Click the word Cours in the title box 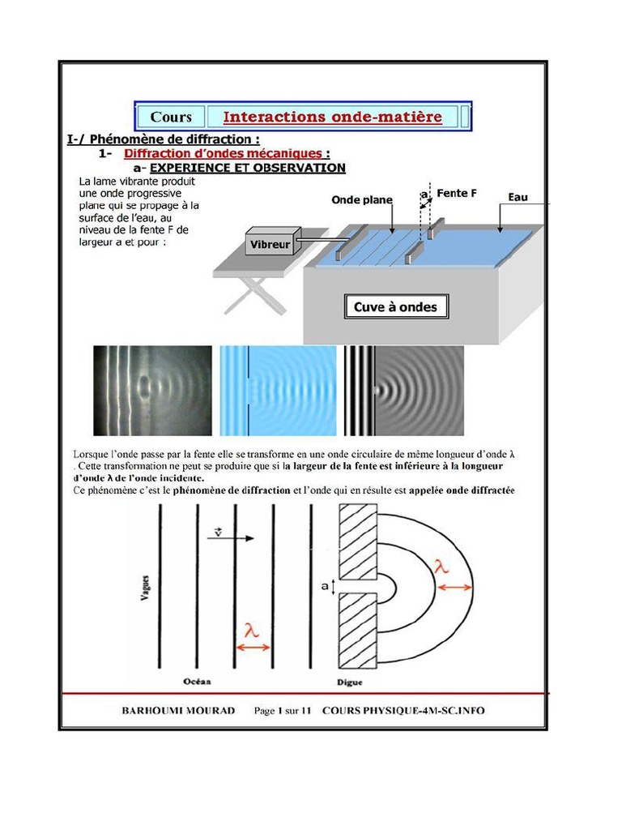[x=171, y=117]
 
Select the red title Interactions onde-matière [x=332, y=117]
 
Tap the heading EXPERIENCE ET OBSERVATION [x=248, y=168]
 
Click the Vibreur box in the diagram [x=271, y=242]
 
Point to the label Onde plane [x=362, y=199]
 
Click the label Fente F [x=456, y=193]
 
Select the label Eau [x=518, y=197]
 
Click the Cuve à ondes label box [x=395, y=307]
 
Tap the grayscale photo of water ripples [x=152, y=391]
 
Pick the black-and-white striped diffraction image [x=403, y=391]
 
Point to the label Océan [x=198, y=682]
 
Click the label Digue [x=354, y=682]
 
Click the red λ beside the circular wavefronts [x=442, y=569]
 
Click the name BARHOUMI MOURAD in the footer [x=178, y=711]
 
